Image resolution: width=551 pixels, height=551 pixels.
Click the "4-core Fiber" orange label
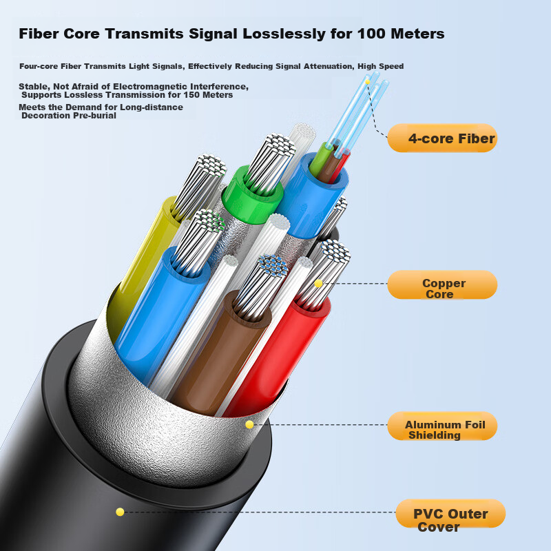pos(442,138)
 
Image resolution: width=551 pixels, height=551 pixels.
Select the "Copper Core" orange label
pos(442,284)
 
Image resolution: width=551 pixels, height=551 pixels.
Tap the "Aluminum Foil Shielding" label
pos(442,426)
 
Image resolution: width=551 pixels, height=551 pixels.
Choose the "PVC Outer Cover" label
pos(450,514)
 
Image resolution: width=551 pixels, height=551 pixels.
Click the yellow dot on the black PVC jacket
pos(120,512)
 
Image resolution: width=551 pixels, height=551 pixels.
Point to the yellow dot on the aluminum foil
pos(249,424)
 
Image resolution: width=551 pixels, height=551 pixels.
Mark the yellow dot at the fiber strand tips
pos(368,82)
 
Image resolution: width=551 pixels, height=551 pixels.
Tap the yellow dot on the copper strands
pos(318,283)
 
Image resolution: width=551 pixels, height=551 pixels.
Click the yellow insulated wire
pos(144,267)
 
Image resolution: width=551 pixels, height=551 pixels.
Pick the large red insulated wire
pos(278,355)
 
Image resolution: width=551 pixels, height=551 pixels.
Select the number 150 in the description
pos(193,95)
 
